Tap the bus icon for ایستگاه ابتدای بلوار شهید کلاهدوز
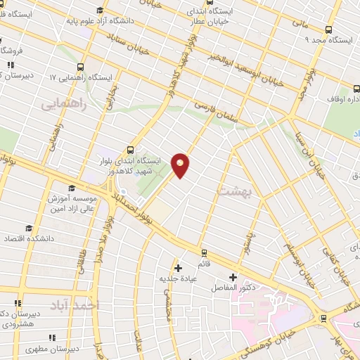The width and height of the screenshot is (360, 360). tap(130, 149)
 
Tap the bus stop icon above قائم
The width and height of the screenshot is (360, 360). tap(204, 252)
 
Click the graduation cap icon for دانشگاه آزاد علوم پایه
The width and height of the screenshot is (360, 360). tap(100, 9)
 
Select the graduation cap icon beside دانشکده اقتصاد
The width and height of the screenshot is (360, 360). tap(29, 228)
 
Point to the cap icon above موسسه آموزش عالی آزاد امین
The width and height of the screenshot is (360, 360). tap(71, 188)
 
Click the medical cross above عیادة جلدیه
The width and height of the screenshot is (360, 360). tap(179, 268)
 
